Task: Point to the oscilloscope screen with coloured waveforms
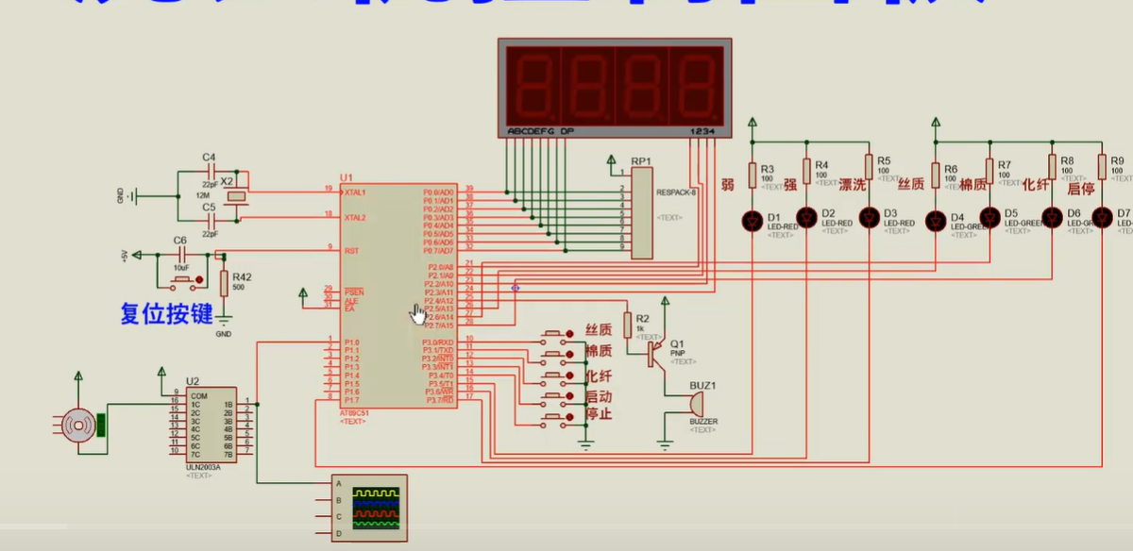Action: pos(376,508)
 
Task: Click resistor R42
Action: pos(224,283)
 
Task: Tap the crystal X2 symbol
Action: pos(240,196)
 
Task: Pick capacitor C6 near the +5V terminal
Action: pos(179,255)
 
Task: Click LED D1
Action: pos(752,221)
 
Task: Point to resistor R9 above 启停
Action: pos(1102,167)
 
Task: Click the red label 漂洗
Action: pos(853,185)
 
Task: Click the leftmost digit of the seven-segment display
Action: pos(533,82)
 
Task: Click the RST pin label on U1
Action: pos(351,251)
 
